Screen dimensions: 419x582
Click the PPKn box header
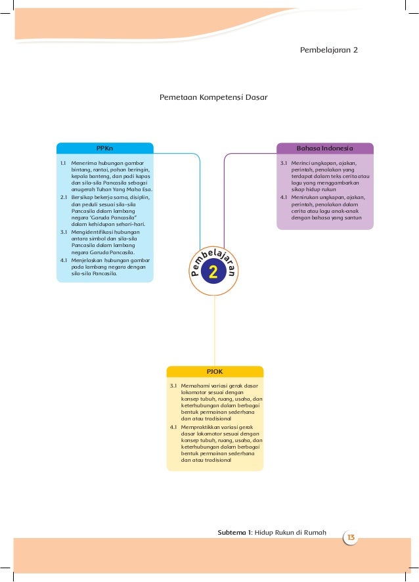pos(104,148)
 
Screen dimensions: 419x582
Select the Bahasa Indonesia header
pos(325,148)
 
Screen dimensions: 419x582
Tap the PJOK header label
pos(215,371)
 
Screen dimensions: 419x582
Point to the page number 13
pos(351,539)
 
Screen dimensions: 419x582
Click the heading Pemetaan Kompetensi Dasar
pos(213,97)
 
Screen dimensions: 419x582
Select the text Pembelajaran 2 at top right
pos(328,50)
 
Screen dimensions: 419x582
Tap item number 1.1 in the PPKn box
pos(63,162)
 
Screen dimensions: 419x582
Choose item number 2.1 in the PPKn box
pos(63,196)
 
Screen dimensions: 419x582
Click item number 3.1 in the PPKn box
pos(63,231)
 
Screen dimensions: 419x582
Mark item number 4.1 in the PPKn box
pos(63,259)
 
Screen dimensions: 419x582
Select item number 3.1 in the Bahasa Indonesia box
pos(284,162)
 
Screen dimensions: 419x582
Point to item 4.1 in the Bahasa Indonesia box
pos(284,196)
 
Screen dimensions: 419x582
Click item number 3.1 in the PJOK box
pos(173,385)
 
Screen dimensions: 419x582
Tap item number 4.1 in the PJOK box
pos(173,427)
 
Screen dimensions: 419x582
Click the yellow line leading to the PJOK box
pos(214,328)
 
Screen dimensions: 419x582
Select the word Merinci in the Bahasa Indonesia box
pos(302,162)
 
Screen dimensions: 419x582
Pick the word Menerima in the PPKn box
pos(83,162)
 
